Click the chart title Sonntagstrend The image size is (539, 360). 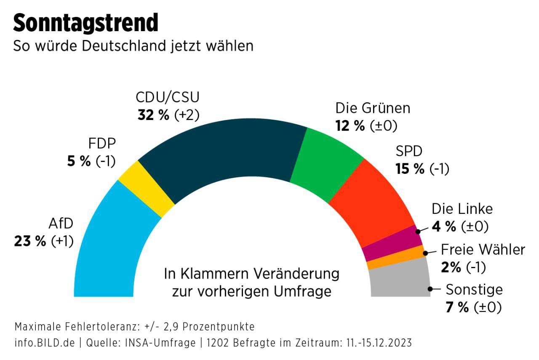tap(85, 23)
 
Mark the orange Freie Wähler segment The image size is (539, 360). tap(396, 258)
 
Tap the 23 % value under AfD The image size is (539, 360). tap(30, 241)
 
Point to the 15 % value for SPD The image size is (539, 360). tap(410, 169)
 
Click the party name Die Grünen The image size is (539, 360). tap(373, 108)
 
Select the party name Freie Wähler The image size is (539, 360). tap(483, 250)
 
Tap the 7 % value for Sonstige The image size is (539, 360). tap(457, 307)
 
